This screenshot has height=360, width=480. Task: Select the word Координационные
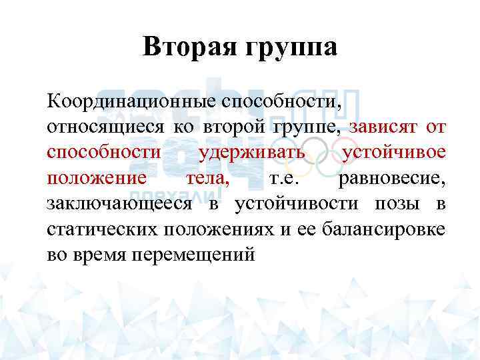[x=128, y=101]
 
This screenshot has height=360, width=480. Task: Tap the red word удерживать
[x=252, y=153]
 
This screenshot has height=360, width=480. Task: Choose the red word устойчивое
[x=393, y=153]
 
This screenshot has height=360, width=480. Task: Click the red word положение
[x=97, y=178]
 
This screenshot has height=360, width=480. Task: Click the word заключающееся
[x=118, y=203]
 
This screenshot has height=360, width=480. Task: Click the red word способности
[x=103, y=153]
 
